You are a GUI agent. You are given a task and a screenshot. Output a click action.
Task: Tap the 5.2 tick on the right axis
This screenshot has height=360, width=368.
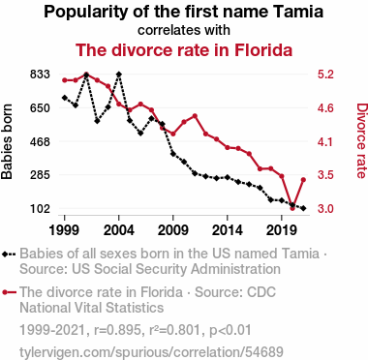pyautogui.click(x=325, y=75)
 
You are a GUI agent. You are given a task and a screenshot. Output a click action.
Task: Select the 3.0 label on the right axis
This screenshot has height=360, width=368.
pyautogui.click(x=325, y=209)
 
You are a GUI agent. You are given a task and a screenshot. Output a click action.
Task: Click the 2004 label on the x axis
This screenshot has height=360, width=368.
pyautogui.click(x=119, y=230)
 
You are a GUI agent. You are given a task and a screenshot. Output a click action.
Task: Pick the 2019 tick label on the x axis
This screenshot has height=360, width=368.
pyautogui.click(x=282, y=230)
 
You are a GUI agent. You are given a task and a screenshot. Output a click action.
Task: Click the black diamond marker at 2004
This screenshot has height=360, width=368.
pyautogui.click(x=119, y=75)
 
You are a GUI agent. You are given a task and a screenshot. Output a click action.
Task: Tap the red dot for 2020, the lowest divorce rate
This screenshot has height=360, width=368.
pyautogui.click(x=292, y=208)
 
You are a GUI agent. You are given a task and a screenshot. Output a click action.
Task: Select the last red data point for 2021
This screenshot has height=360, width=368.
pyautogui.click(x=303, y=180)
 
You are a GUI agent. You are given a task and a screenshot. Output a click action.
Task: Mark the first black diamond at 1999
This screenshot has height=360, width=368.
pyautogui.click(x=65, y=98)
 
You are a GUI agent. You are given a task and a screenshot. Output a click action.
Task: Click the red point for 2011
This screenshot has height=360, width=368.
pyautogui.click(x=195, y=116)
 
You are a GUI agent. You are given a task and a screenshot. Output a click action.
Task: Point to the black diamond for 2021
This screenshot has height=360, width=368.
pyautogui.click(x=303, y=208)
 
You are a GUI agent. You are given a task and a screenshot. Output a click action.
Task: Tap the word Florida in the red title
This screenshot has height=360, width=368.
pyautogui.click(x=263, y=50)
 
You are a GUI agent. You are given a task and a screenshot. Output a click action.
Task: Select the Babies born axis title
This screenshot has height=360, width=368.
pyautogui.click(x=7, y=141)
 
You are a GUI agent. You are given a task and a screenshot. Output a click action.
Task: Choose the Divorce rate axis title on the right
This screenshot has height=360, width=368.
pyautogui.click(x=361, y=140)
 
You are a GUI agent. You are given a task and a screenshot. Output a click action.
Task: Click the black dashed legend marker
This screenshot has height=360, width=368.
pyautogui.click(x=9, y=255)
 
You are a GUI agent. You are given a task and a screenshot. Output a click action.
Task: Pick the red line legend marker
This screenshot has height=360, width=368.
pyautogui.click(x=9, y=292)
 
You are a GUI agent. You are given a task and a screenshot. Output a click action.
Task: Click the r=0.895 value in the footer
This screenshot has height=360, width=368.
pyautogui.click(x=117, y=330)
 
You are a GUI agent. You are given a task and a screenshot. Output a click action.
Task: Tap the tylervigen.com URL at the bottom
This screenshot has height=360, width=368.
pyautogui.click(x=151, y=352)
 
